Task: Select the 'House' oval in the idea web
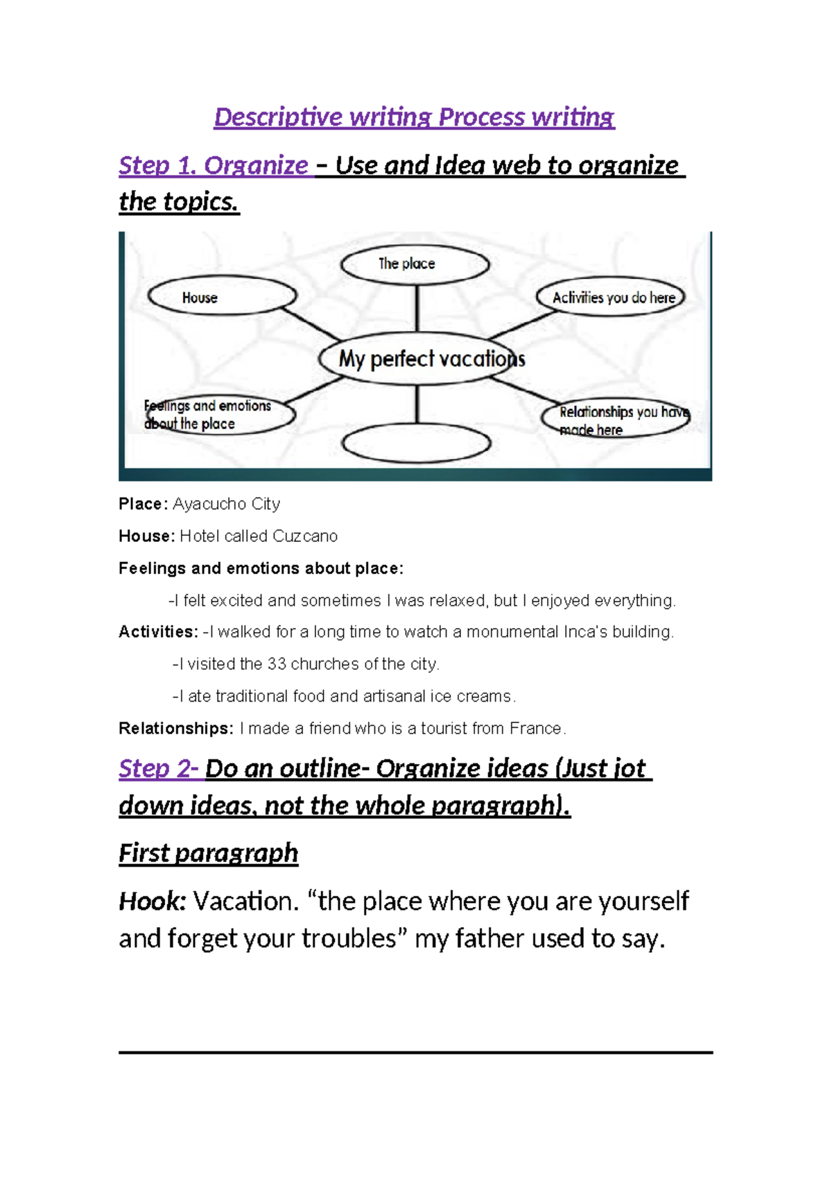tap(222, 296)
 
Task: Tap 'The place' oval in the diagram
tap(415, 264)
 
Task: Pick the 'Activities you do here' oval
tap(611, 297)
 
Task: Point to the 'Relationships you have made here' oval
tap(615, 418)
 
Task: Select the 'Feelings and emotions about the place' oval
tap(218, 415)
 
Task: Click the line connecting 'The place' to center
tap(417, 309)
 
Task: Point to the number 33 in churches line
tap(277, 664)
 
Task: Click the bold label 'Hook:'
tap(153, 901)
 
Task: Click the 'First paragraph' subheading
tap(208, 853)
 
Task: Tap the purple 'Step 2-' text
tap(159, 769)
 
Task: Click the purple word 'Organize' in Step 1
tap(256, 166)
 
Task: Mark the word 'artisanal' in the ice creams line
tap(390, 696)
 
